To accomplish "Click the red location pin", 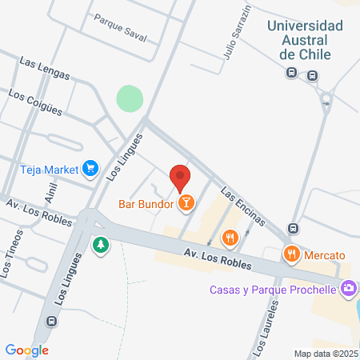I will pyautogui.click(x=180, y=175).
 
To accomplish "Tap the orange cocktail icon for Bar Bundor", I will pyautogui.click(x=186, y=203).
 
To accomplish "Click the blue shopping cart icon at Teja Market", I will pyautogui.click(x=90, y=168).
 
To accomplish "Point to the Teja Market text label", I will pyautogui.click(x=49, y=169).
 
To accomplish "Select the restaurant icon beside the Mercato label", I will pyautogui.click(x=292, y=255).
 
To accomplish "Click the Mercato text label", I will pyautogui.click(x=324, y=255).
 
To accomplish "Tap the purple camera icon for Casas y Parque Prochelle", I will pyautogui.click(x=349, y=289).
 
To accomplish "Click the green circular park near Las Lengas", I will pyautogui.click(x=130, y=99).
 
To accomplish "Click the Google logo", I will pyautogui.click(x=27, y=350).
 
